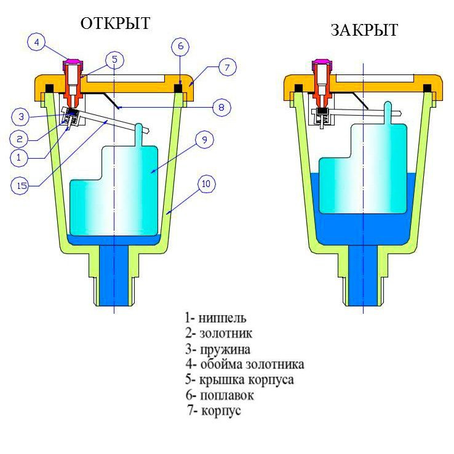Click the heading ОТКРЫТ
coord(115,23)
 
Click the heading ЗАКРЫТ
coord(364,30)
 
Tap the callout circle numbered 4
coord(37,42)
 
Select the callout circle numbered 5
coord(114,60)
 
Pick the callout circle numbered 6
coord(180,46)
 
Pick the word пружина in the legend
coord(225,349)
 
